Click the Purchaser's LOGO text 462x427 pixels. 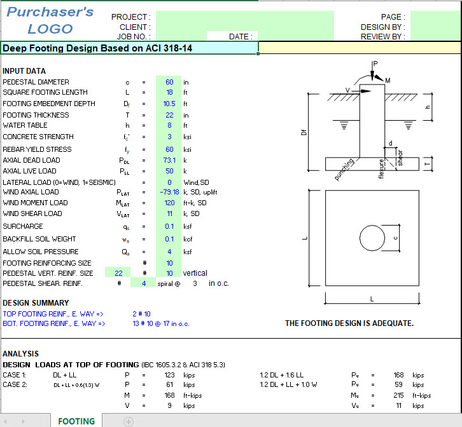click(50, 20)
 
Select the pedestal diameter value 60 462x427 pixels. click(169, 82)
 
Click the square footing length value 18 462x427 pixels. click(169, 93)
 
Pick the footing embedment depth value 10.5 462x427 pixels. click(169, 104)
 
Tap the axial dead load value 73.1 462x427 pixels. click(169, 160)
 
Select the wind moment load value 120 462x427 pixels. click(169, 203)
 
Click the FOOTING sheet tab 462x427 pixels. click(76, 421)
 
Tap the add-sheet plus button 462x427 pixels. click(129, 421)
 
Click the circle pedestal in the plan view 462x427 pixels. click(372, 239)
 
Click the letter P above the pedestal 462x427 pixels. click(375, 64)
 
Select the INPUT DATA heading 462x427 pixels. click(24, 71)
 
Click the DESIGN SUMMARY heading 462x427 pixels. click(36, 303)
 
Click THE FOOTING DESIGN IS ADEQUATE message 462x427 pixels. click(349, 323)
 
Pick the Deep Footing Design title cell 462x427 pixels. click(97, 48)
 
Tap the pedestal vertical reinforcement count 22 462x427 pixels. click(118, 273)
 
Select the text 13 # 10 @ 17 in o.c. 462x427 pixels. click(161, 323)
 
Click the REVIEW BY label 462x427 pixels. click(382, 37)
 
